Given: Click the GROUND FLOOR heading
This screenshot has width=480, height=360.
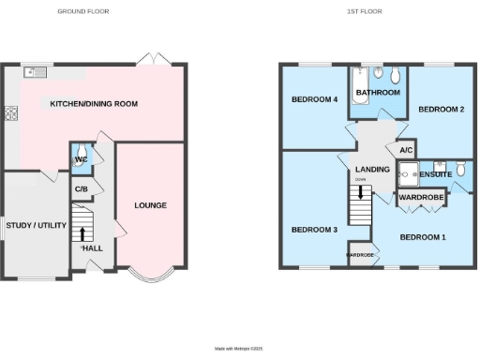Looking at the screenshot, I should (82, 11).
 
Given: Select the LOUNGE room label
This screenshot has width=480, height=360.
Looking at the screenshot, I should (150, 205).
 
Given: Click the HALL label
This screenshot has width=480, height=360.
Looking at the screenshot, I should (93, 247).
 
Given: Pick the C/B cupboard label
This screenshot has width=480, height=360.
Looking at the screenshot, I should (82, 189).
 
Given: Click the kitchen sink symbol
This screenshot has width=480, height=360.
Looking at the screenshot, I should (37, 71).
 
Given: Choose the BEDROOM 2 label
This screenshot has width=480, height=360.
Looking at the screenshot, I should (441, 110).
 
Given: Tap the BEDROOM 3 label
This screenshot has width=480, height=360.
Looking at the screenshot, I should (313, 230).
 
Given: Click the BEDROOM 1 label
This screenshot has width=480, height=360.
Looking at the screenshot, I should (422, 237).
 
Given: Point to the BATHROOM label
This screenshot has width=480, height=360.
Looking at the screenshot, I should (378, 93).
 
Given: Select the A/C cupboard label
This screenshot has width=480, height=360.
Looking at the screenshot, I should (406, 151).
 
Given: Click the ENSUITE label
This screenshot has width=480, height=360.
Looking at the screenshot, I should (435, 174).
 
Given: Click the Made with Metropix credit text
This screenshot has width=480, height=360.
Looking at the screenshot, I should (240, 349).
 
